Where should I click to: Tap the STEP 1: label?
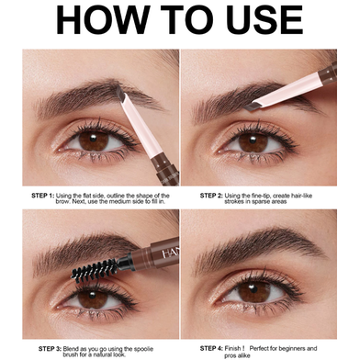[43, 196]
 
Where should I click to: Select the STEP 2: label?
[211, 196]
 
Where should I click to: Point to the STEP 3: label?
[51, 349]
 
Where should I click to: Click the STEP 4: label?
[211, 348]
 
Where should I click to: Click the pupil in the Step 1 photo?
[94, 139]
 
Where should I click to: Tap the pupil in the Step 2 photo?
[253, 141]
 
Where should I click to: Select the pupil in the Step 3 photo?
[92, 297]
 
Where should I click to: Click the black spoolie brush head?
[95, 269]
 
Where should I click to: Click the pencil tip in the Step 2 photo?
[252, 107]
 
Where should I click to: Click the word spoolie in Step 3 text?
[143, 349]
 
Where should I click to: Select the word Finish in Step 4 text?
[232, 348]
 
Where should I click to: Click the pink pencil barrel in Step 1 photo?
[141, 129]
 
